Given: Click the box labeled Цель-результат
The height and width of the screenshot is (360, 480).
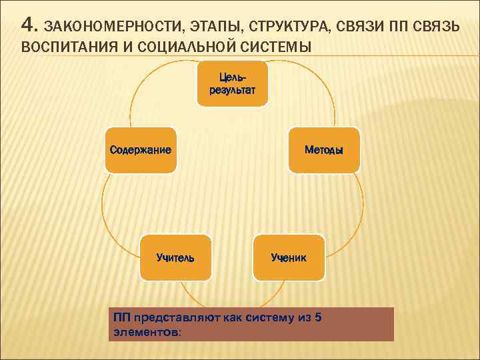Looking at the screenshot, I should click(232, 84).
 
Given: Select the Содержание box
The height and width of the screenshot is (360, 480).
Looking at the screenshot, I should click(141, 150).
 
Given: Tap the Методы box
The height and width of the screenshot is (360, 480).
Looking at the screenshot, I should click(324, 150).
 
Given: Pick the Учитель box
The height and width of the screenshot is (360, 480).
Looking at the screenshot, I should click(175, 257).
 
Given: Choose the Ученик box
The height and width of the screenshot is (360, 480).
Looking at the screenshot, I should click(289, 257).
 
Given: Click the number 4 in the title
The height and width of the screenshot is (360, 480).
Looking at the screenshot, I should click(27, 25).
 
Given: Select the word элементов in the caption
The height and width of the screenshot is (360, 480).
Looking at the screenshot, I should click(144, 331).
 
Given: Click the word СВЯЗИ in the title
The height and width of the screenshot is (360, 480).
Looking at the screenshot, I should click(355, 27).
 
